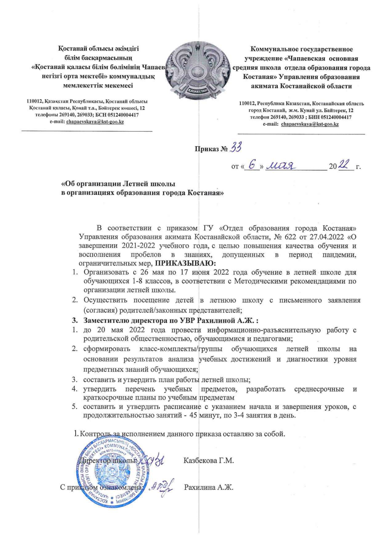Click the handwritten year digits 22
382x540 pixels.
345,166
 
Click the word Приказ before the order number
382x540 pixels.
206,149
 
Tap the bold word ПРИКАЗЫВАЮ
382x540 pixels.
185,263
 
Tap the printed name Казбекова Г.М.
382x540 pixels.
209,461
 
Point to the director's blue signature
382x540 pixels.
154,461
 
